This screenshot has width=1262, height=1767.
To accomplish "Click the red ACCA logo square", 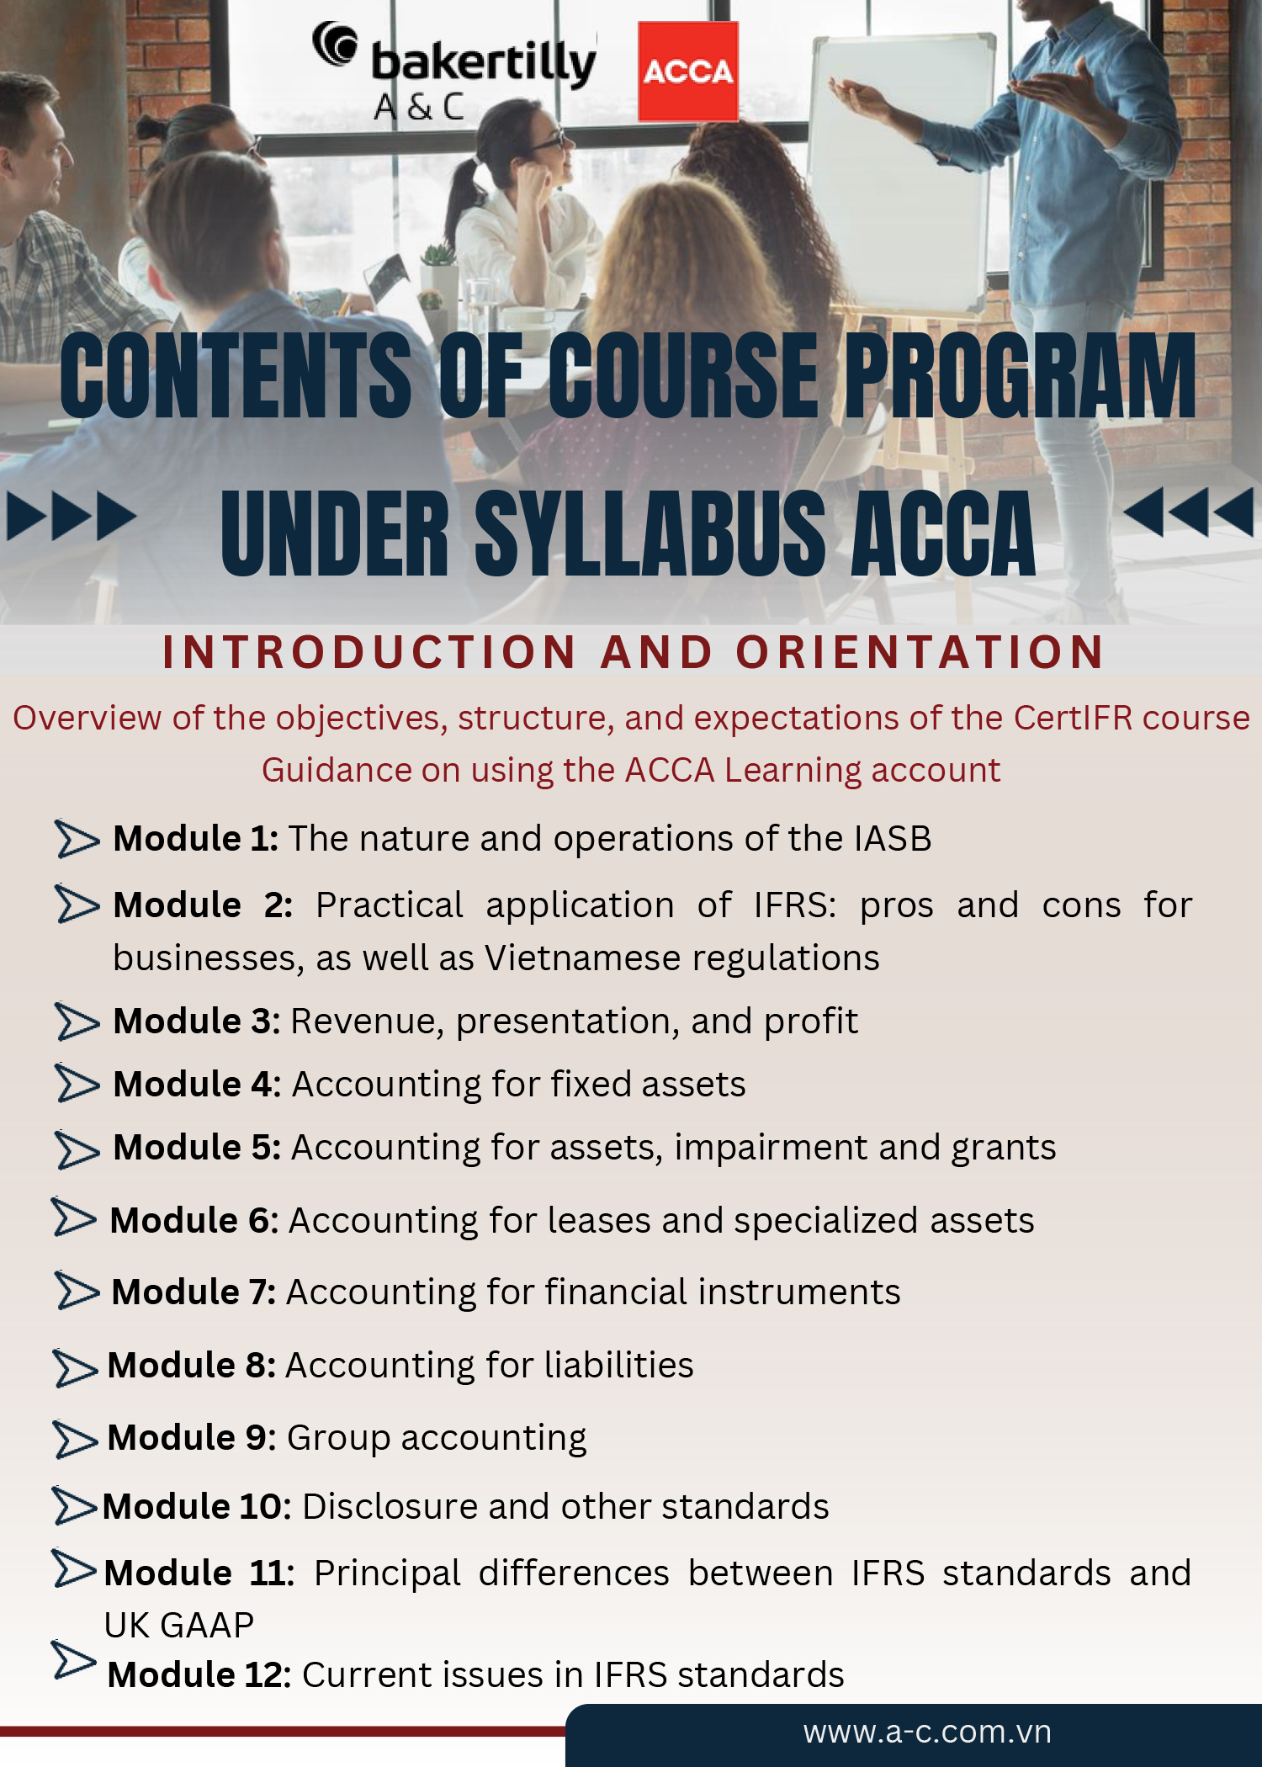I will click(x=687, y=72).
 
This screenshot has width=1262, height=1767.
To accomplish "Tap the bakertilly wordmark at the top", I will click(x=483, y=63).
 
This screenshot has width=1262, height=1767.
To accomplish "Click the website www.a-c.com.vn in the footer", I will click(x=926, y=1732).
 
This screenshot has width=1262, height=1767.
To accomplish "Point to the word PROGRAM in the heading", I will click(x=1019, y=375).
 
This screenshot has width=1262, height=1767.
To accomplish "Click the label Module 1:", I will click(x=195, y=838).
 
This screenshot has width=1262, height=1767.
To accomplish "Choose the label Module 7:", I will click(x=194, y=1292).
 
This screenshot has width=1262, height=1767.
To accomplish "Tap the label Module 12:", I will click(x=199, y=1674).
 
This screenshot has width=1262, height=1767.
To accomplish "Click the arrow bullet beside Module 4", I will click(x=77, y=1084).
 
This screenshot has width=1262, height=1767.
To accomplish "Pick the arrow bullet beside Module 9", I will click(x=76, y=1439).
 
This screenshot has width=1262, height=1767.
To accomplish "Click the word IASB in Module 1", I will click(x=892, y=838).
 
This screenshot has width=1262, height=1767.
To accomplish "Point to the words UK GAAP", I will click(x=178, y=1625).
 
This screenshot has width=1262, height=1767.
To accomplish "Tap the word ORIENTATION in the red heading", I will click(x=920, y=652).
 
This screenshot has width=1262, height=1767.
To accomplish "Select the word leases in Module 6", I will click(x=593, y=1220).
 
